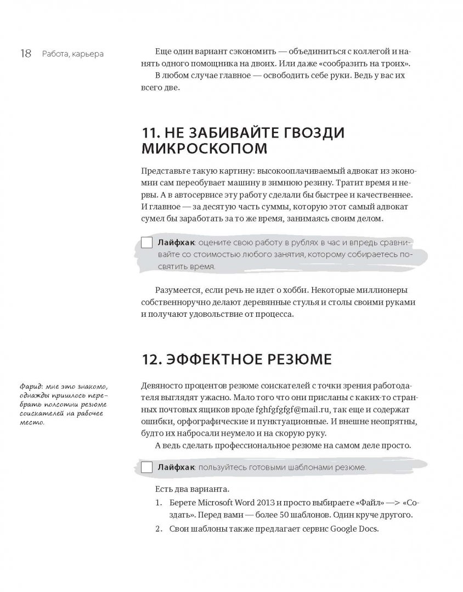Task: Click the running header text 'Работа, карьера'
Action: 71,54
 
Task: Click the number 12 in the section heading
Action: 149,360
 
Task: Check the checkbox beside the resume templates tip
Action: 146,467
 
